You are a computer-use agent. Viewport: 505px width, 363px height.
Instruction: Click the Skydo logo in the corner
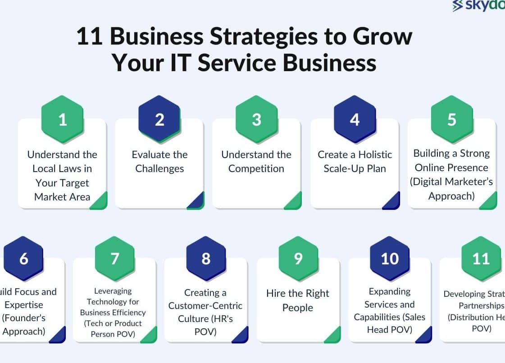coord(478,6)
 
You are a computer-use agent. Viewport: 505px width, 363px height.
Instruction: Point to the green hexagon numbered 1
coord(62,119)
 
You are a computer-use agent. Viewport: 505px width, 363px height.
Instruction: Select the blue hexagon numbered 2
coord(159,119)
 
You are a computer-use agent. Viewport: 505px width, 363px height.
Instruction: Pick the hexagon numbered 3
coord(256,119)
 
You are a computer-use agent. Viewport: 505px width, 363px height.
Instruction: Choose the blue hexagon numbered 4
coord(355,119)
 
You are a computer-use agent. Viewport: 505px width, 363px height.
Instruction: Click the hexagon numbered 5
coord(452,119)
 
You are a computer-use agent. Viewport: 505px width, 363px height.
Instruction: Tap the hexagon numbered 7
coord(115,259)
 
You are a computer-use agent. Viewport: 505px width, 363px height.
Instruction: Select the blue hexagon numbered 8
coord(206,259)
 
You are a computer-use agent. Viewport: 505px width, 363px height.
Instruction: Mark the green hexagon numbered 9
coord(298,259)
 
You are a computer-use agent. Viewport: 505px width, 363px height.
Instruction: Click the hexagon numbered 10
coord(390,259)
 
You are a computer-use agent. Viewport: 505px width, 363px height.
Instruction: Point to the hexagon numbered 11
coord(481,259)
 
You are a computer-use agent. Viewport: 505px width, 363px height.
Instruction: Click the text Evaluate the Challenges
coord(159,162)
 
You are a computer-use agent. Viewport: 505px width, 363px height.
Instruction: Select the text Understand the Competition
coord(256,162)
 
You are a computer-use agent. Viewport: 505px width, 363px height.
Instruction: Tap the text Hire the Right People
coord(298,300)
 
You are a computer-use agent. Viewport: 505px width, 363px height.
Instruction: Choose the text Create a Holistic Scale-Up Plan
coord(355,162)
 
